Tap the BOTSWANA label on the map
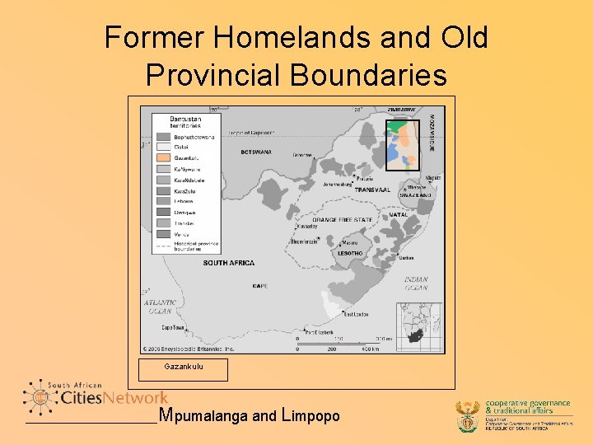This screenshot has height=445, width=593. tap(255, 152)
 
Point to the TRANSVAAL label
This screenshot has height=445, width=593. tap(372, 190)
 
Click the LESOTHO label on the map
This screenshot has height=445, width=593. tap(350, 253)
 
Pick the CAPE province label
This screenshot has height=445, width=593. tap(260, 286)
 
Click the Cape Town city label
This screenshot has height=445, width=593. tap(173, 327)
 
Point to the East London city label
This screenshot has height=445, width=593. tap(356, 314)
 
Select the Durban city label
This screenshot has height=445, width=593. tap(406, 258)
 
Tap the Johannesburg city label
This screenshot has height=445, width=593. tap(338, 184)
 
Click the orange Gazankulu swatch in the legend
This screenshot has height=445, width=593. tap(161, 157)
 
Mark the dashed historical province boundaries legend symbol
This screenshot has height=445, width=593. tap(161, 245)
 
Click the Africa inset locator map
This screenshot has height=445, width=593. tap(419, 326)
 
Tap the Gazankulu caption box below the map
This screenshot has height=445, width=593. tap(183, 367)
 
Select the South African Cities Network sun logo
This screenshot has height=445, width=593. tap(37, 398)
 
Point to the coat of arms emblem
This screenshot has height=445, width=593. tap(468, 416)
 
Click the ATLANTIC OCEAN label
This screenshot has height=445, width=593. tap(160, 307)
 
